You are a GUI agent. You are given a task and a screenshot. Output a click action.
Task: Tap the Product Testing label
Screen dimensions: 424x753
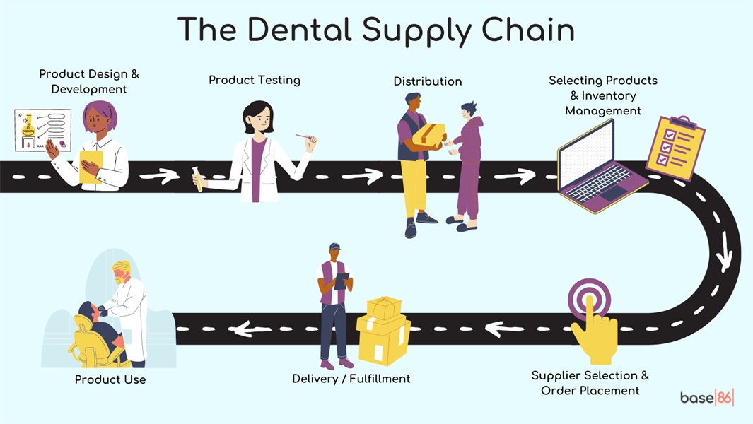(x=255, y=80)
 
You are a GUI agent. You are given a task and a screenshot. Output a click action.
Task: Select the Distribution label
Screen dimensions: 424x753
(x=428, y=81)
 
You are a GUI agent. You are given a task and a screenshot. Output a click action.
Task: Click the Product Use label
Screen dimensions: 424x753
(x=110, y=379)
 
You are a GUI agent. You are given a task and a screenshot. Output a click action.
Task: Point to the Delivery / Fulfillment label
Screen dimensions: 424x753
(x=351, y=379)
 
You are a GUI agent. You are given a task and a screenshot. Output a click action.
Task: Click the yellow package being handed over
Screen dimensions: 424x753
(x=428, y=134)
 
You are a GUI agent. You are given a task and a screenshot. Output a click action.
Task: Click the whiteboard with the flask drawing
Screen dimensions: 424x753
(x=42, y=130)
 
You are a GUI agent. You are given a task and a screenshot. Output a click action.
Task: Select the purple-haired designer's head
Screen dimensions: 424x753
(x=100, y=120)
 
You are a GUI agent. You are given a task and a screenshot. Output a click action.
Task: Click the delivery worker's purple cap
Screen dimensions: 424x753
(x=334, y=247)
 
